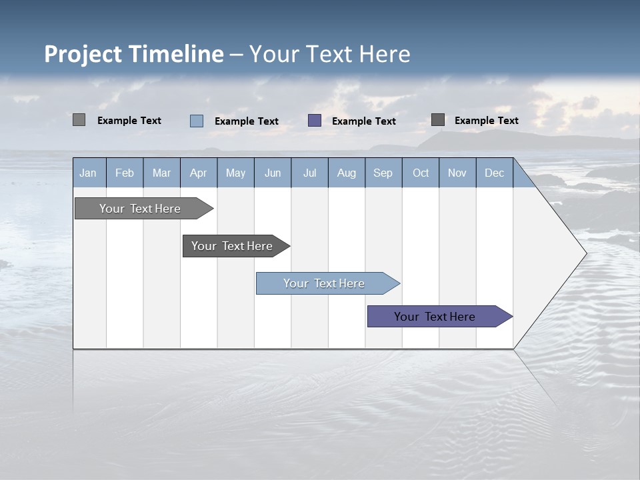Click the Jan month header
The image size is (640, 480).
[x=88, y=173]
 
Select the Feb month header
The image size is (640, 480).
[x=125, y=173]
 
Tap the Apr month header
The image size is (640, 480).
[x=198, y=173]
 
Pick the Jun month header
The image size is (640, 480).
[x=272, y=173]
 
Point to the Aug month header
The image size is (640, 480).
[x=346, y=173]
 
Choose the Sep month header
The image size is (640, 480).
[x=383, y=173]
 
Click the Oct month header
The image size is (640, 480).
[x=421, y=173]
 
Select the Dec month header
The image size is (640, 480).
[x=494, y=173]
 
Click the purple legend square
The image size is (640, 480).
[x=315, y=121]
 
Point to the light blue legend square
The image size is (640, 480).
[x=197, y=121]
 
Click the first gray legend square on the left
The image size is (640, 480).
[x=79, y=120]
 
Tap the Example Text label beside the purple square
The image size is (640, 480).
[x=363, y=121]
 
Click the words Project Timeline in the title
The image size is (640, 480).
[x=133, y=54]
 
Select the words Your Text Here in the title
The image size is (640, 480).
[x=329, y=54]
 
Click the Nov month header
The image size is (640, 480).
[x=457, y=173]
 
